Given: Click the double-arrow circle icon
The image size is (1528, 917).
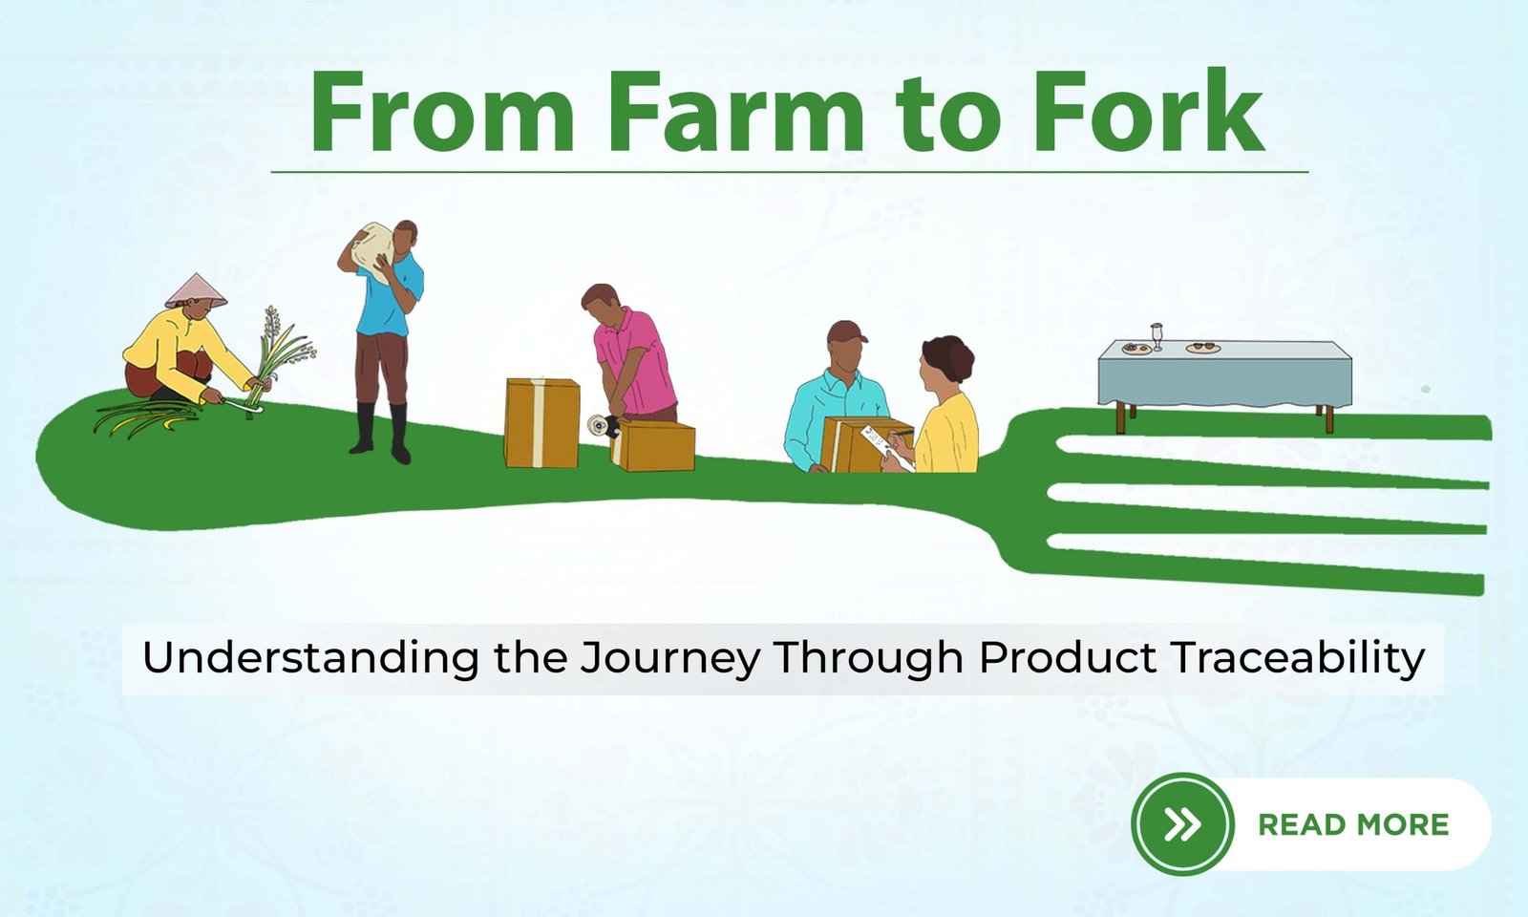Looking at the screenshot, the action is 1182,824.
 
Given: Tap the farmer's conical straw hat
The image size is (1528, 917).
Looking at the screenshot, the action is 196,290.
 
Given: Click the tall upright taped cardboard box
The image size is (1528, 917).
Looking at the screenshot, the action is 541,423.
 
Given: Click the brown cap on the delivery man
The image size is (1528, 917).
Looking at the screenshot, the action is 846,332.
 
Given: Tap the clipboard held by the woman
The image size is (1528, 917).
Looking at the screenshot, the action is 887,447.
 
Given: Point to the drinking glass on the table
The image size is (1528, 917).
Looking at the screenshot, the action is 1157,336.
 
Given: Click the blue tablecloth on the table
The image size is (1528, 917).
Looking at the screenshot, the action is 1224,375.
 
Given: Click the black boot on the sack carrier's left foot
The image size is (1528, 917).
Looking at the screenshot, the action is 400,434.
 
